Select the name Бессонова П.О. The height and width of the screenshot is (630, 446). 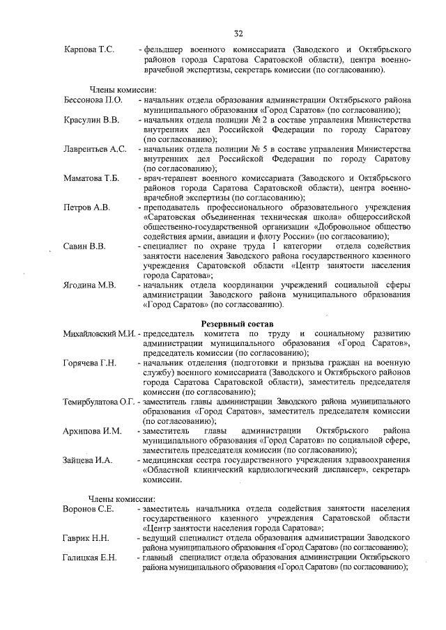(93, 101)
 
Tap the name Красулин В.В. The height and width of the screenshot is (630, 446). (91, 120)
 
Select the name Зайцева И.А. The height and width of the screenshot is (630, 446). (89, 460)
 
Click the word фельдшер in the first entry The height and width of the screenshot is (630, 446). (164, 50)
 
